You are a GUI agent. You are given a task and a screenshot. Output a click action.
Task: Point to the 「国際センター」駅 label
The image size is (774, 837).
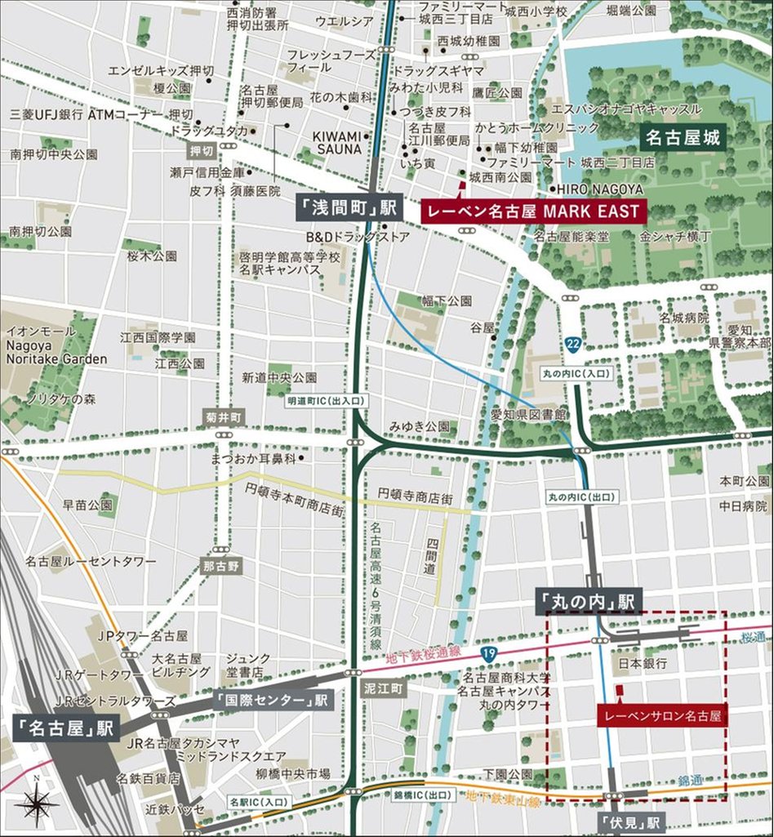[x=272, y=701]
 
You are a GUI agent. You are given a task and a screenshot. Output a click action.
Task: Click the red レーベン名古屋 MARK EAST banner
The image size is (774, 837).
[x=534, y=211]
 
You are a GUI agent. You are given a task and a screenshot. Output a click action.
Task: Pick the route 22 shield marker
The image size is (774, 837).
[x=574, y=345]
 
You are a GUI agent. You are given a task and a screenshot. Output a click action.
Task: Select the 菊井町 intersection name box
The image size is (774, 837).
[x=220, y=418]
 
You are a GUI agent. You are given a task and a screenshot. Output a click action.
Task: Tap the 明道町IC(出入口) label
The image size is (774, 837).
[x=327, y=402]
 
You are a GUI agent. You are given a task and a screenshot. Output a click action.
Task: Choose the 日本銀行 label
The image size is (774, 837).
[x=643, y=662]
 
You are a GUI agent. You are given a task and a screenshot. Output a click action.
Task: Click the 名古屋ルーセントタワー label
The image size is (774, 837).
[x=91, y=561]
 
